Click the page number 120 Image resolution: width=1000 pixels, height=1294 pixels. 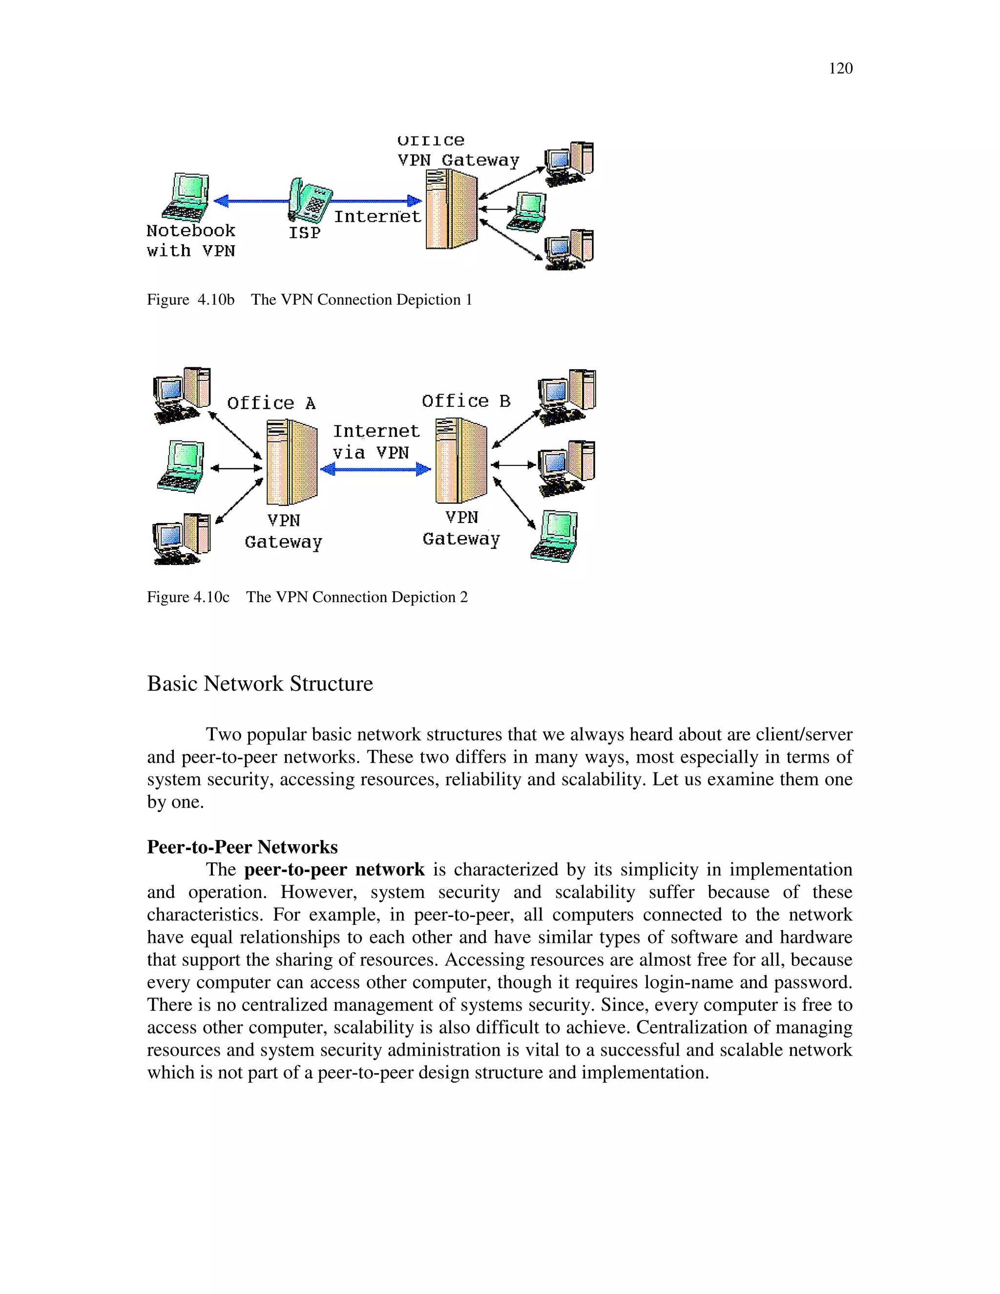[x=840, y=69]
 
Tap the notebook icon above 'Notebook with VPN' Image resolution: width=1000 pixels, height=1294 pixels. [x=187, y=197]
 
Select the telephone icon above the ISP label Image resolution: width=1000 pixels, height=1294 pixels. [x=309, y=200]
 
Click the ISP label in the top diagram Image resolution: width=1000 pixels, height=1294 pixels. [x=305, y=233]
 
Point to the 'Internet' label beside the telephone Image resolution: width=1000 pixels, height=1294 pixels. [x=377, y=217]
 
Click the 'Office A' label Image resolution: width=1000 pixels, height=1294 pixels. [x=271, y=403]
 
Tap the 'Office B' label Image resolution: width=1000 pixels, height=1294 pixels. [x=466, y=401]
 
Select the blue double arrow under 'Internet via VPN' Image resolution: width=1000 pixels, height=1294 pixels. [x=375, y=470]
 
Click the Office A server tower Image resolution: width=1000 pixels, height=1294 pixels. [x=292, y=461]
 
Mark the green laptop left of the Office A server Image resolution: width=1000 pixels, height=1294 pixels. [x=181, y=466]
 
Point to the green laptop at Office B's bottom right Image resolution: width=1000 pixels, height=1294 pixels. [x=555, y=536]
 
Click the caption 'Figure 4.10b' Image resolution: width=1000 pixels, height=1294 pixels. [x=191, y=300]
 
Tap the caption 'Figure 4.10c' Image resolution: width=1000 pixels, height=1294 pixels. [x=188, y=597]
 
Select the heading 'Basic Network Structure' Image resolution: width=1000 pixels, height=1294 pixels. [x=260, y=684]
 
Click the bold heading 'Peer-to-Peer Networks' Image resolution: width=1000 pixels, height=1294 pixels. [x=242, y=847]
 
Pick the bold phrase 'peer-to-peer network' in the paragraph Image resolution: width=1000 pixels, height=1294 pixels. [x=334, y=870]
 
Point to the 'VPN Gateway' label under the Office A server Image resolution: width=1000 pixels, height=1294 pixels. [x=283, y=531]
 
